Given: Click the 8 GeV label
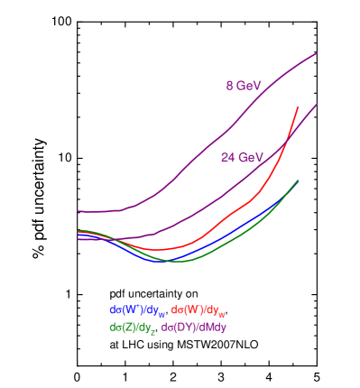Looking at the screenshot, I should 244,86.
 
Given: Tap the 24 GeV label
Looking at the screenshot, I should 242,157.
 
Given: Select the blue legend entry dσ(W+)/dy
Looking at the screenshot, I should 137,311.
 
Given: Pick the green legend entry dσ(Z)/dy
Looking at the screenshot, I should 132,328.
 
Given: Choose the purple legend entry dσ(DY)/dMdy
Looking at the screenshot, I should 193,328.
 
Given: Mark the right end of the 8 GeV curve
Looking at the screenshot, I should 318,53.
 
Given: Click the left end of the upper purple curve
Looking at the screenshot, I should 78,211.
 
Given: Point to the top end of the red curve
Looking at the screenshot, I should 298,107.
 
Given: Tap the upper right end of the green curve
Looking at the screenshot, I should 298,180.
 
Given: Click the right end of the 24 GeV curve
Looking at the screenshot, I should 318,103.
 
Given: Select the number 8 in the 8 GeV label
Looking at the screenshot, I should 229,86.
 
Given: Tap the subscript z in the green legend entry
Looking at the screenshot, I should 153,331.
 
